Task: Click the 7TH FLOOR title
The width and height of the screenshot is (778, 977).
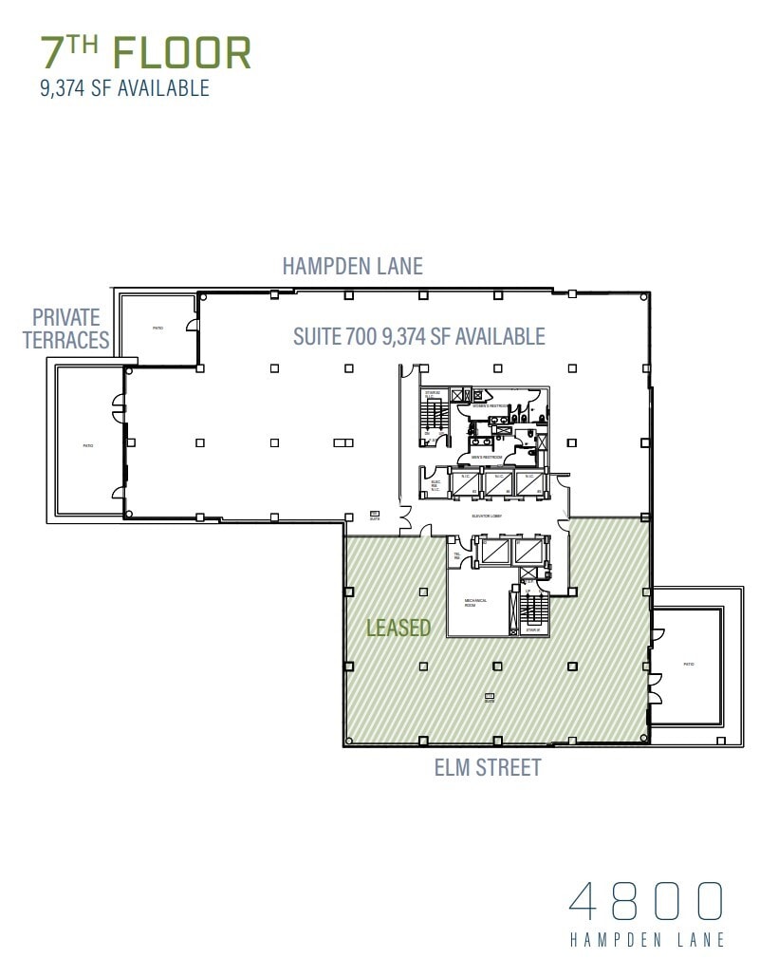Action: (x=145, y=52)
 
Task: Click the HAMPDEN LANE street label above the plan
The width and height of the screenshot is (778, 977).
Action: (x=352, y=266)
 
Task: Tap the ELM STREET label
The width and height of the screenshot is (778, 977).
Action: (x=487, y=767)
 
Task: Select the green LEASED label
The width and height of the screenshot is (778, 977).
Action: (x=398, y=628)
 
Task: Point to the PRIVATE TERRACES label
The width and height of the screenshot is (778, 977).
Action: (x=66, y=329)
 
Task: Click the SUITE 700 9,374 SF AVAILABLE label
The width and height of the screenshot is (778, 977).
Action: (x=418, y=336)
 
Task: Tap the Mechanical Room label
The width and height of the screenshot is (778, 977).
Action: (x=475, y=603)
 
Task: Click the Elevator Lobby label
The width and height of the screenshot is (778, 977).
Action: (x=486, y=516)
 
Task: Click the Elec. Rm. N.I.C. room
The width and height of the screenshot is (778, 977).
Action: (x=435, y=484)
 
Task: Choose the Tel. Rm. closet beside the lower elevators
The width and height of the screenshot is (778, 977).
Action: (x=457, y=556)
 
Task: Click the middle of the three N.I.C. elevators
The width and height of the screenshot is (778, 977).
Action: (x=498, y=483)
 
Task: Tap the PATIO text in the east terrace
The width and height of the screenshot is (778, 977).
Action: (x=688, y=664)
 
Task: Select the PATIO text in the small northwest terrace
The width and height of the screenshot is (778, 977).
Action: (x=157, y=329)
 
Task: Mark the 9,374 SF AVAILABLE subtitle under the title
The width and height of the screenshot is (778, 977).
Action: (x=124, y=89)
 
